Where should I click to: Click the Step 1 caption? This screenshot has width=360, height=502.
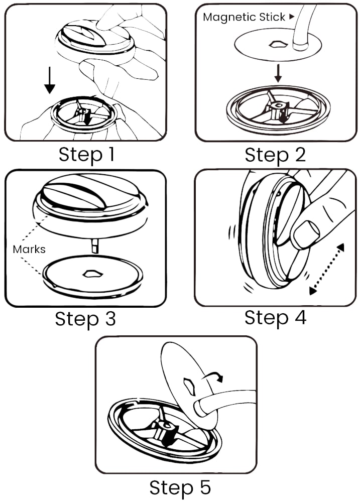point(86,154)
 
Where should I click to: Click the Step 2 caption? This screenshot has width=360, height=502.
point(275,154)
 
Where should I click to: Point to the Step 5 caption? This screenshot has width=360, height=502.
point(180,487)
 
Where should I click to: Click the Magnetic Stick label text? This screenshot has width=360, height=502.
point(244,17)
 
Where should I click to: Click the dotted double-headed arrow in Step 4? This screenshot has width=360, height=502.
point(327,269)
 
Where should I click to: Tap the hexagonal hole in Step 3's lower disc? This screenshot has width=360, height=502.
point(93,274)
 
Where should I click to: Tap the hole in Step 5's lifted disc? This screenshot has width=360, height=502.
point(191,385)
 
